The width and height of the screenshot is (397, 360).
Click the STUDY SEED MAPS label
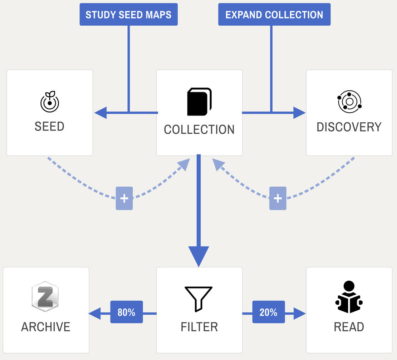pyautogui.click(x=128, y=15)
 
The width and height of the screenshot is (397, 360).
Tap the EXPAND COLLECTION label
pyautogui.click(x=274, y=15)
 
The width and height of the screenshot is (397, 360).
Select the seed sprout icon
pyautogui.click(x=49, y=102)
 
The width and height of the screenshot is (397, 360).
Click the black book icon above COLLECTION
pyautogui.click(x=199, y=102)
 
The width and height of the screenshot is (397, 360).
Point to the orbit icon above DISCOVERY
pyautogui.click(x=349, y=102)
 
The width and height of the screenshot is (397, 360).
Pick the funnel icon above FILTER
pyautogui.click(x=198, y=299)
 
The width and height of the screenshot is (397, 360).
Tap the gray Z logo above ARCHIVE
pyautogui.click(x=45, y=296)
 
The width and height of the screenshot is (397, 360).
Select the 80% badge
pyautogui.click(x=126, y=312)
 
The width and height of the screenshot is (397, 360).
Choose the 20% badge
pyautogui.click(x=269, y=312)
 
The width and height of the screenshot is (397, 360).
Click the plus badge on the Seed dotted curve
pyautogui.click(x=124, y=198)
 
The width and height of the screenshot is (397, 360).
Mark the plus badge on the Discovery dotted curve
pyautogui.click(x=278, y=198)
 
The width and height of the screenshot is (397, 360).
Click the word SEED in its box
pyautogui.click(x=49, y=127)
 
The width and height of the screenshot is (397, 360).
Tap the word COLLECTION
pyautogui.click(x=199, y=129)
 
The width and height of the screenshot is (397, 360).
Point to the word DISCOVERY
pyautogui.click(x=349, y=127)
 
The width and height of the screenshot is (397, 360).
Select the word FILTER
pyautogui.click(x=199, y=327)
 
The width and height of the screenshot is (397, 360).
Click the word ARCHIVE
pyautogui.click(x=46, y=327)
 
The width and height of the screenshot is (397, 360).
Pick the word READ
pyautogui.click(x=349, y=327)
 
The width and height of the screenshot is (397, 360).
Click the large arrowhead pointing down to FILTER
pyautogui.click(x=198, y=256)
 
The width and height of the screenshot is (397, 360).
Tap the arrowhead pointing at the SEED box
pyautogui.click(x=100, y=113)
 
